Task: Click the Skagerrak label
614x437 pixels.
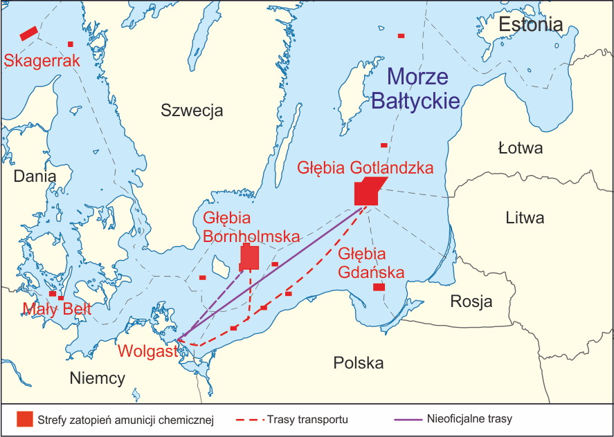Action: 42,61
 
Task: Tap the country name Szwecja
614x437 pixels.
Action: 192,110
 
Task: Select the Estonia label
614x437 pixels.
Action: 530,25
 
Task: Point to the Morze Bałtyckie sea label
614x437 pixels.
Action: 416,89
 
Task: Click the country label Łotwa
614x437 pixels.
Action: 520,148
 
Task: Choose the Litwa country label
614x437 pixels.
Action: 525,218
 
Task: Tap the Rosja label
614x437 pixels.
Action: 471,301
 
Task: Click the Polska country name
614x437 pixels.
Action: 358,363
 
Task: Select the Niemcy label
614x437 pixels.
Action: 98,378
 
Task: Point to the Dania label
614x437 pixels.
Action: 35,176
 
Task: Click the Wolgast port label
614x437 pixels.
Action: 147,351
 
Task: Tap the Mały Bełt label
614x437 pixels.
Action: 57,309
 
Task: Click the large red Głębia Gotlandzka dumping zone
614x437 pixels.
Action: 367,191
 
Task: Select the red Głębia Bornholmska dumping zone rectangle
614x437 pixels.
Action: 249,258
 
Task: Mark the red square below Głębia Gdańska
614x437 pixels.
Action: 379,287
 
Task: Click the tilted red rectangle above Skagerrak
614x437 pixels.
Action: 28,33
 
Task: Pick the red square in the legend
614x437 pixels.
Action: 25,419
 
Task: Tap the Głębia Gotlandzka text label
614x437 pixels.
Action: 365,167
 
